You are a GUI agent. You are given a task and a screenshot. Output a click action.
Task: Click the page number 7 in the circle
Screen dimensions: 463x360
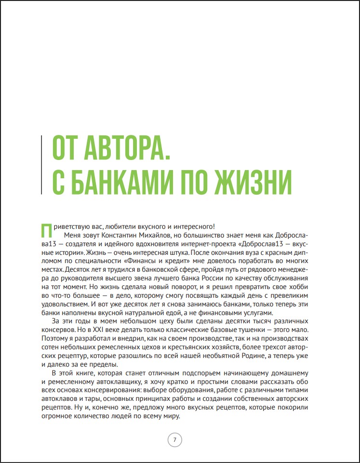click(x=174, y=439)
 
